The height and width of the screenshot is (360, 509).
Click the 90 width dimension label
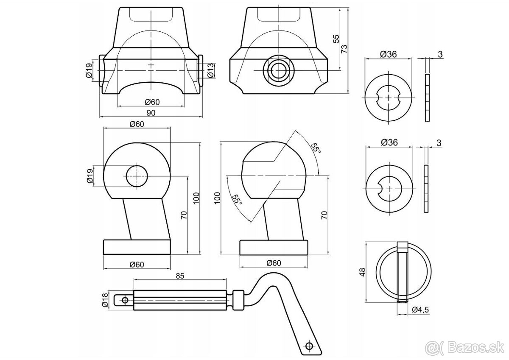coord(151,113)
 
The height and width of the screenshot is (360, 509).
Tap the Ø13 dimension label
coord(210,70)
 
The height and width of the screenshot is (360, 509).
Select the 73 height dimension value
coord(344,48)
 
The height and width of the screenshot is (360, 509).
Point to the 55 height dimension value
coord(336,39)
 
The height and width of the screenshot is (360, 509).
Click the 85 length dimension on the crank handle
coord(179,276)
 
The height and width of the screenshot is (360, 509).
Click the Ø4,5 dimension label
coord(420,310)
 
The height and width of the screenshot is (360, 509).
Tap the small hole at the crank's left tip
coord(125,300)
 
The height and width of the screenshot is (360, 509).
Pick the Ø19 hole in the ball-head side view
coord(137,176)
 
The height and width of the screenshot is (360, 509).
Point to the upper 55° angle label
coord(315,149)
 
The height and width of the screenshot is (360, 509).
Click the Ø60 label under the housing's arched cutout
coord(151,102)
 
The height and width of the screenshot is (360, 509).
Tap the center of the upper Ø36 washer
coord(389,98)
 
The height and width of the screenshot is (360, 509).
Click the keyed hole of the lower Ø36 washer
coord(389,187)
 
